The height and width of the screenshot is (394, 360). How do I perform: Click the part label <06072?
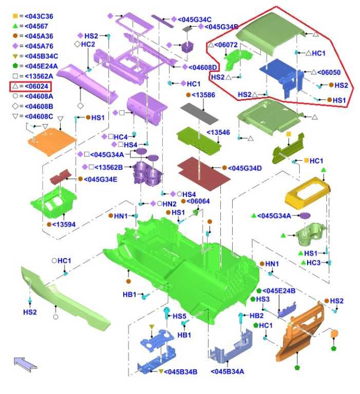click(226, 46)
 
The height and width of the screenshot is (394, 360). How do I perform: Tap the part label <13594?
click(64, 224)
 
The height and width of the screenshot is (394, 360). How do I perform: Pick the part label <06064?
click(199, 201)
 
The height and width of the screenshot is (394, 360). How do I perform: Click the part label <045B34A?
click(227, 371)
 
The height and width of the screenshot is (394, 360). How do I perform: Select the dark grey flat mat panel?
click(202, 112)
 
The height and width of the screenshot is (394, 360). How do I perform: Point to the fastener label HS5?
click(179, 316)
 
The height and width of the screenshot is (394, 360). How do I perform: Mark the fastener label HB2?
click(256, 316)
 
